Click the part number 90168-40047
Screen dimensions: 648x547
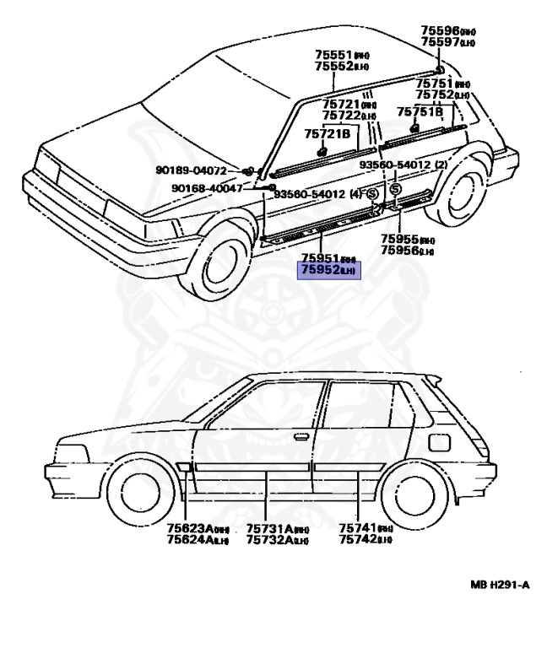click(x=207, y=187)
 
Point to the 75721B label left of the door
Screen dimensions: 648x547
click(x=327, y=133)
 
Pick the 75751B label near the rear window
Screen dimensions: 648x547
click(x=420, y=111)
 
